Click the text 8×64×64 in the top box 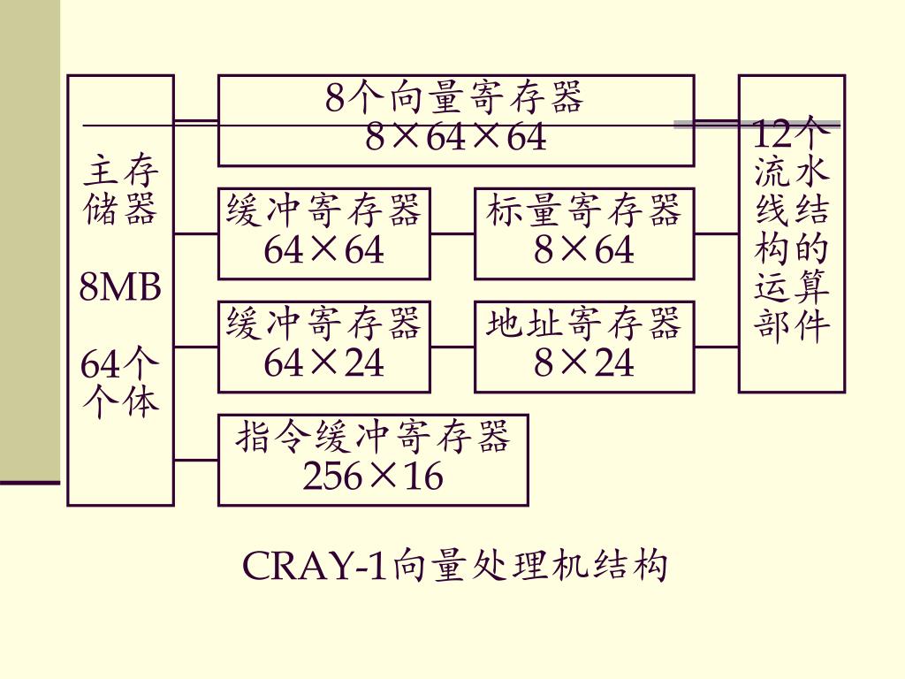pyautogui.click(x=456, y=138)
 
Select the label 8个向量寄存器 pyautogui.click(x=456, y=97)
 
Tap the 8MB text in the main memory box pyautogui.click(x=120, y=287)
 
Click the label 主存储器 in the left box pyautogui.click(x=120, y=190)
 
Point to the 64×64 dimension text pyautogui.click(x=324, y=251)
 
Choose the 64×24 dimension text pyautogui.click(x=324, y=363)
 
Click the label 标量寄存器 pyautogui.click(x=584, y=212)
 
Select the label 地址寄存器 pyautogui.click(x=584, y=324)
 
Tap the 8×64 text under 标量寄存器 pyautogui.click(x=584, y=251)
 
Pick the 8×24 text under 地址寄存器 pyautogui.click(x=584, y=363)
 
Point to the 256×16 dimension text pyautogui.click(x=373, y=477)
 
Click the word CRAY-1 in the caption pyautogui.click(x=315, y=567)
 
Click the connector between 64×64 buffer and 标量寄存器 pyautogui.click(x=452, y=234)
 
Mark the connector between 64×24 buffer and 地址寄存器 pyautogui.click(x=452, y=347)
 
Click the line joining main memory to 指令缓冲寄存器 pyautogui.click(x=196, y=460)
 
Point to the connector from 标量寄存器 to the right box pyautogui.click(x=717, y=234)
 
